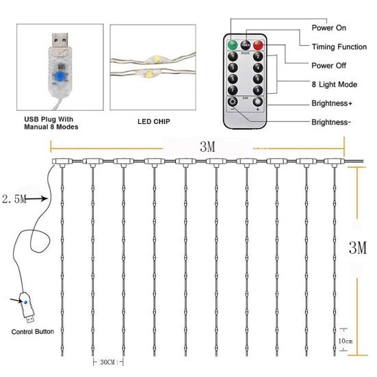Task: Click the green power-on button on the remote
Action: point(232,46)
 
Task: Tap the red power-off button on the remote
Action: point(258,46)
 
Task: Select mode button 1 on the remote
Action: point(233,57)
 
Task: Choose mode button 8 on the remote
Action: point(258,90)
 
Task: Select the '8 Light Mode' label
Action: point(339,84)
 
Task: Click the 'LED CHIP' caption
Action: point(153,123)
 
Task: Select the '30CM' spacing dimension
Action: point(107,362)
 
